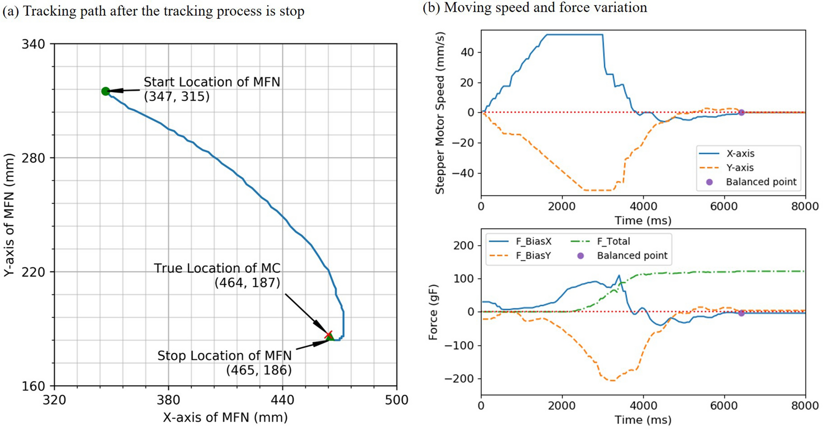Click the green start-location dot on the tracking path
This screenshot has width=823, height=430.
pos(105,91)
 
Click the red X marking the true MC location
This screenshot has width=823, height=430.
pos(328,335)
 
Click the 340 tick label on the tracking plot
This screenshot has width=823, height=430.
pos(33,44)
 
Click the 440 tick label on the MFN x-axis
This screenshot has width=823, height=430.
pos(282,400)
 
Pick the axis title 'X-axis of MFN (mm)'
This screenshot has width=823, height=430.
pos(225,418)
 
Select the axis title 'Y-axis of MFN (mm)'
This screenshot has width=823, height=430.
pos(9,215)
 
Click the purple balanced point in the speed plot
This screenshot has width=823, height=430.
pos(741,112)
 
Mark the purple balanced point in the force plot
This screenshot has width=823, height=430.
pos(741,313)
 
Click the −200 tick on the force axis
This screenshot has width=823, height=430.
pos(459,378)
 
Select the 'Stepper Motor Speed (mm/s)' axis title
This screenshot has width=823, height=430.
pos(440,113)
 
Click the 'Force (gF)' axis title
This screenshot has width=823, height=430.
pos(433,312)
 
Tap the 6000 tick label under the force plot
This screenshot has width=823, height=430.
pos(724,406)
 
